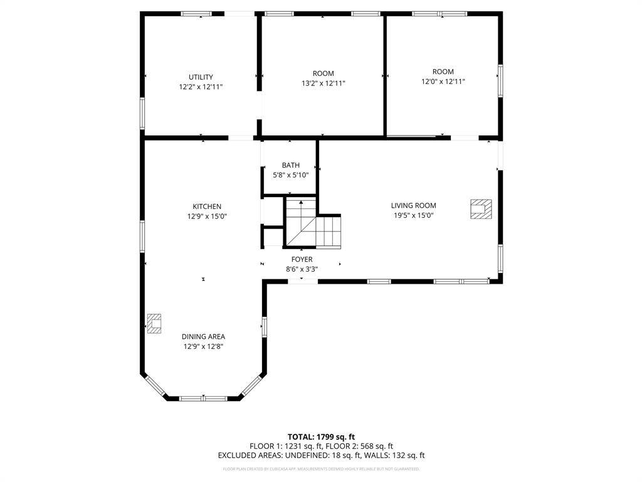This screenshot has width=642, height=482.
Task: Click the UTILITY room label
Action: click(201, 77)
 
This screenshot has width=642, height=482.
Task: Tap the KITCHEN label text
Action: click(206, 206)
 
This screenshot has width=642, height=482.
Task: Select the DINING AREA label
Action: click(203, 336)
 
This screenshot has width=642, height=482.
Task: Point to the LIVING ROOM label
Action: click(413, 205)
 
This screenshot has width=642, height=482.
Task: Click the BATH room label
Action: click(290, 165)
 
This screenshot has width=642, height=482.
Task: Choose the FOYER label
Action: click(302, 259)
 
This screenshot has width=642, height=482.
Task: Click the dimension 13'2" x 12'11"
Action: click(323, 83)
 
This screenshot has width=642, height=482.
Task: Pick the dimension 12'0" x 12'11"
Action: click(443, 81)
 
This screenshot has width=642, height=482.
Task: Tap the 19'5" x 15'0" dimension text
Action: click(413, 215)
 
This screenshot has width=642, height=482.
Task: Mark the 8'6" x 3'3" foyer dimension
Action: click(302, 269)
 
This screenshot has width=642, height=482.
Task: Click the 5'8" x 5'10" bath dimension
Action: click(290, 175)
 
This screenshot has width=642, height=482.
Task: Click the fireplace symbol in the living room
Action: click(481, 209)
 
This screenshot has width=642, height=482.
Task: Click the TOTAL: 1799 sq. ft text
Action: click(321, 436)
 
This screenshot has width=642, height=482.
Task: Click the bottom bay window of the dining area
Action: click(204, 398)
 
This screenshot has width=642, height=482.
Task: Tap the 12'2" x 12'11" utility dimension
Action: click(201, 87)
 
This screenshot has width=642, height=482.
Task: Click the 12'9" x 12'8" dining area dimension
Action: click(203, 346)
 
